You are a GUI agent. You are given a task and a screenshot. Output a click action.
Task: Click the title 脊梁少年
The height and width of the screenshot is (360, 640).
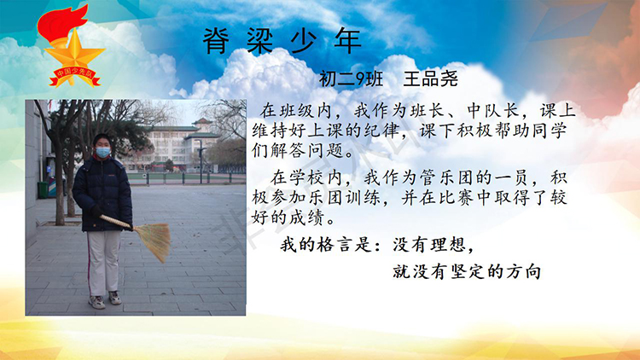[x=282, y=42]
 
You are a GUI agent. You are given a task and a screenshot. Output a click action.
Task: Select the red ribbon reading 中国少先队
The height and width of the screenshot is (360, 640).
[x=75, y=76]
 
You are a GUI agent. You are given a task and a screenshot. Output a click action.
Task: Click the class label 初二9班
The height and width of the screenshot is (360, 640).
[x=351, y=78]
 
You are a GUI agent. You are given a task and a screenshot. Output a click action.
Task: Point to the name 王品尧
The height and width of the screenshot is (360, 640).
[x=431, y=78]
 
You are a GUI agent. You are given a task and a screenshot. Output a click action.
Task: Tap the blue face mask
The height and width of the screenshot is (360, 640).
[x=103, y=152]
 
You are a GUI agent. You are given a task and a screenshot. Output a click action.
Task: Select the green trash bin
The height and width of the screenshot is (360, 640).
[x=43, y=189]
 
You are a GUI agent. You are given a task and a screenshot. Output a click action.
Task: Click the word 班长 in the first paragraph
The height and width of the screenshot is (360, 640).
[x=428, y=111]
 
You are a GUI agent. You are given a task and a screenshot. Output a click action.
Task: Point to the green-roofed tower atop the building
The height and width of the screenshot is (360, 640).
[x=202, y=123]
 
